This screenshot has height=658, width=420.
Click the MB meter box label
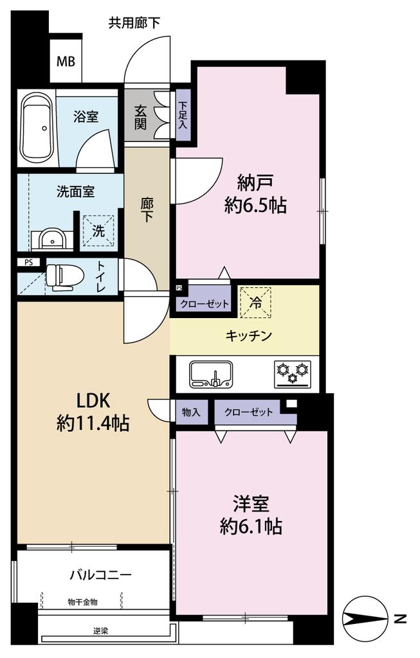coord(66,62)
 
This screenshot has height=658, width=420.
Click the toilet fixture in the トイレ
coord(61,277)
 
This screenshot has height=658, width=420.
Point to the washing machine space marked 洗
coord(98,231)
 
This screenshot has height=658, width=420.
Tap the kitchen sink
coord(211,374)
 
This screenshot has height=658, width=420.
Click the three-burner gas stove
coord(293,373)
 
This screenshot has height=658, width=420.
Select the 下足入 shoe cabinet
coord(183,115)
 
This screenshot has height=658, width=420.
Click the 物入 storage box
coord(192,412)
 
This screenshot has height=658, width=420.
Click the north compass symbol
coord(365,618)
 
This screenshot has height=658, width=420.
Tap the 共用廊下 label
coord(134,22)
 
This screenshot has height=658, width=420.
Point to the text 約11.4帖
coord(93,424)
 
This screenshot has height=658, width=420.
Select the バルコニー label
coord(101,574)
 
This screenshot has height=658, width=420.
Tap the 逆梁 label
coord(101,631)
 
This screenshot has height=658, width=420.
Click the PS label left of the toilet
coord(28,263)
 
